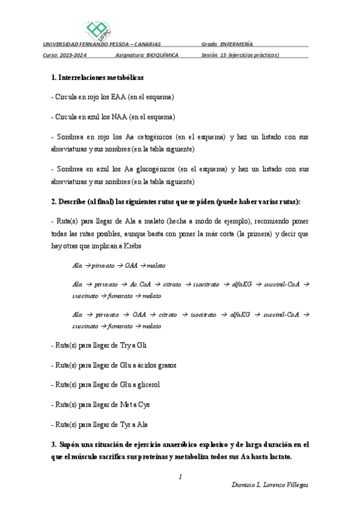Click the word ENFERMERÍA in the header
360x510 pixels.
tap(236, 44)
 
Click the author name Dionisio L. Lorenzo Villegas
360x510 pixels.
tap(270, 484)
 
